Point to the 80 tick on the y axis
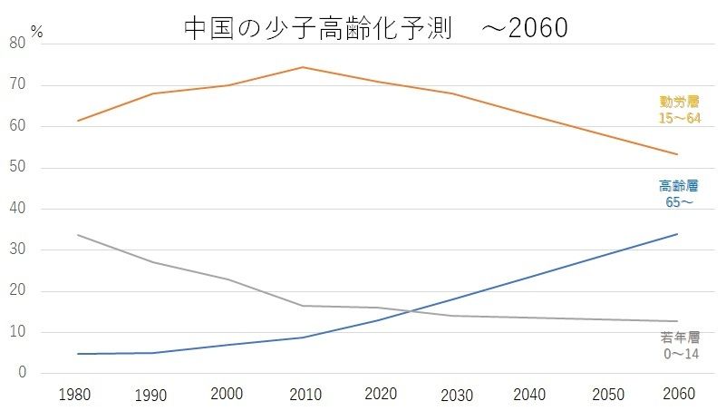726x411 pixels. tap(17, 44)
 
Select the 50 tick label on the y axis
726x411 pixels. tap(17, 168)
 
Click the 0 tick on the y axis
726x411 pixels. tap(21, 374)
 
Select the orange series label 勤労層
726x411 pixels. tap(679, 102)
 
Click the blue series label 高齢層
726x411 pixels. tap(679, 185)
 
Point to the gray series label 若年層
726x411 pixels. tap(679, 338)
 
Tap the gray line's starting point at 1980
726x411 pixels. tap(77, 235)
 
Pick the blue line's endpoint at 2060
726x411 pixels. tap(677, 234)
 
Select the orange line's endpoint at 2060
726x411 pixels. tap(677, 154)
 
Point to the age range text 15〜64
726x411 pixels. tap(679, 118)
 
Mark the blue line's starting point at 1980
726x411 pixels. tap(77, 354)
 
